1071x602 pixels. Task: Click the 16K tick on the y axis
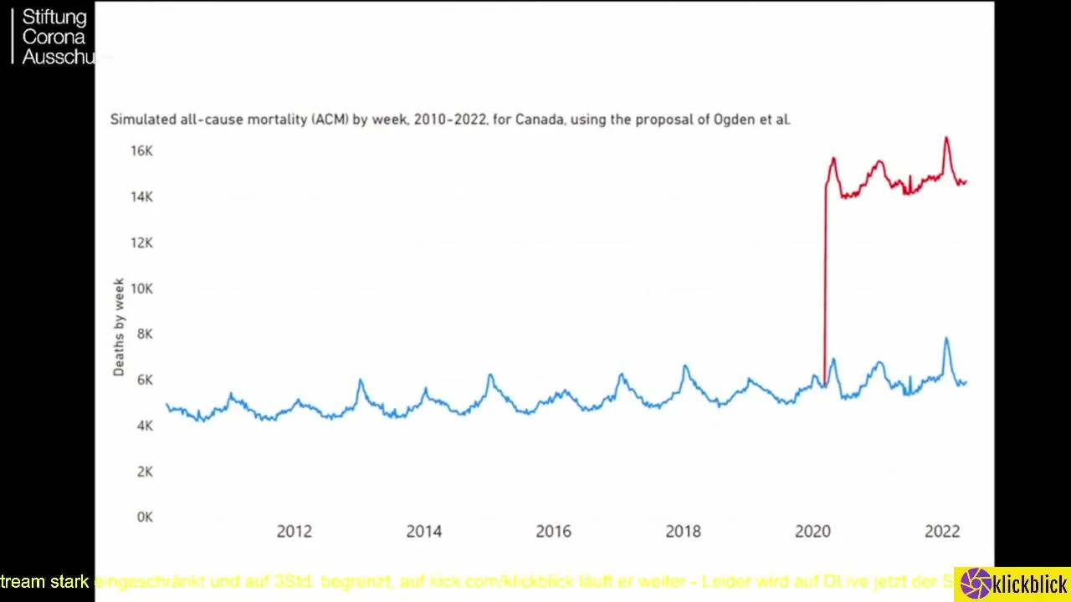pyautogui.click(x=141, y=150)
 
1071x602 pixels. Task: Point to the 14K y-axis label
pyautogui.click(x=141, y=196)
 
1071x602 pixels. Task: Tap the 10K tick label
pyautogui.click(x=141, y=288)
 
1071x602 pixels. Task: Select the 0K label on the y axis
pyautogui.click(x=144, y=518)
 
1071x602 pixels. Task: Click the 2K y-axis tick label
pyautogui.click(x=144, y=472)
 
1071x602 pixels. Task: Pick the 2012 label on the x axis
pyautogui.click(x=294, y=532)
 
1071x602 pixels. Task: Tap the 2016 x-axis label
pyautogui.click(x=553, y=532)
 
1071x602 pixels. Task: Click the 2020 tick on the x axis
pyautogui.click(x=812, y=532)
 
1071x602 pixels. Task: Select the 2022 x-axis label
pyautogui.click(x=942, y=532)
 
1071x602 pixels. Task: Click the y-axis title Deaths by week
pyautogui.click(x=119, y=327)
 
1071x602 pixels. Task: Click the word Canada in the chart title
pyautogui.click(x=539, y=120)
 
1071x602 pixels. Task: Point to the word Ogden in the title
pyautogui.click(x=733, y=120)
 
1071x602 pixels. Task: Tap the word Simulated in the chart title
pyautogui.click(x=143, y=120)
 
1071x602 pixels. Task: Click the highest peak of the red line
pyautogui.click(x=946, y=138)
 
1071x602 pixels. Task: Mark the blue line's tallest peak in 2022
pyautogui.click(x=946, y=339)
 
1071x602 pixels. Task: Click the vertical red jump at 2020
pyautogui.click(x=825, y=284)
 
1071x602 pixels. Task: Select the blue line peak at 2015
pyautogui.click(x=490, y=375)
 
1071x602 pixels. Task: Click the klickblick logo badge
pyautogui.click(x=1014, y=584)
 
